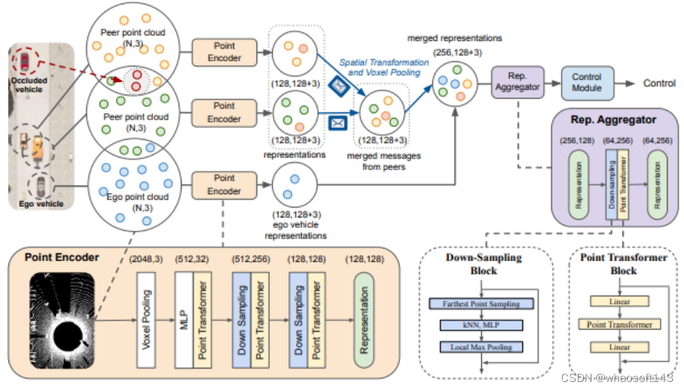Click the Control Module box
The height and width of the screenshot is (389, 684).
[586, 83]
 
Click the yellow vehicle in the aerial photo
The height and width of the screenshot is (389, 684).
[37, 147]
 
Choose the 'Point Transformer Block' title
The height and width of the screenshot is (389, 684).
[624, 263]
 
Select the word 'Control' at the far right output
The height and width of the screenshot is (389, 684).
[659, 83]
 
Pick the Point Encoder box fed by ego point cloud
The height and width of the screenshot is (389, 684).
[224, 184]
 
